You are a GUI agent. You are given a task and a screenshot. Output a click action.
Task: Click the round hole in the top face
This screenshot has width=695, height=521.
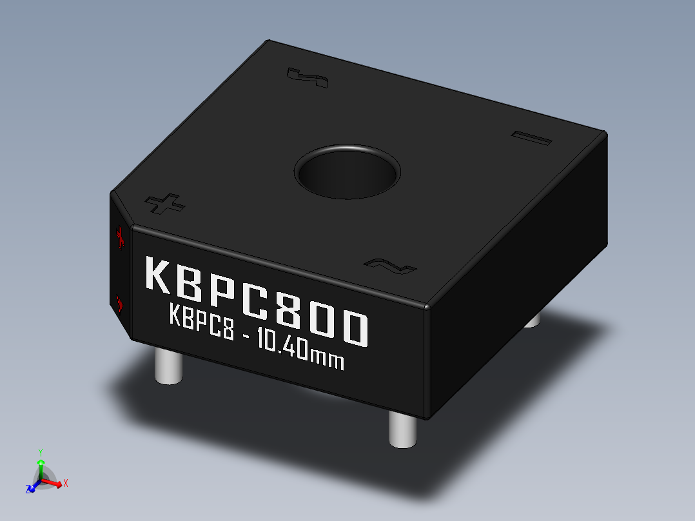click(x=347, y=172)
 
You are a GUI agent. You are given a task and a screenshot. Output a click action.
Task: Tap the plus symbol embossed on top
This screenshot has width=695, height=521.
click(x=166, y=204)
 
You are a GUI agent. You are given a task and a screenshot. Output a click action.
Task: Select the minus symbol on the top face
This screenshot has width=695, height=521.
click(x=532, y=139)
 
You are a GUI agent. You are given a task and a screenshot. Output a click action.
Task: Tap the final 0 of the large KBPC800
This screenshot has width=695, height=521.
click(x=355, y=329)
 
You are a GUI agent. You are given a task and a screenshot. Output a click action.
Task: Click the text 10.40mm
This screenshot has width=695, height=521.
click(x=300, y=350)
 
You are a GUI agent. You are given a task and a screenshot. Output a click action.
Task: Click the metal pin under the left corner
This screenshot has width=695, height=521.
click(x=168, y=368)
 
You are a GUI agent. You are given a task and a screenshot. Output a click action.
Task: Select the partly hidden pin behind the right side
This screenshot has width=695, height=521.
click(x=532, y=320)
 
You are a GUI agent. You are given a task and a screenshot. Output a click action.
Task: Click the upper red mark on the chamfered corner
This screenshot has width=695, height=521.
click(x=119, y=238)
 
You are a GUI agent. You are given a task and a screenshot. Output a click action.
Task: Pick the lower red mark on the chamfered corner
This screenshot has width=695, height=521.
click(x=119, y=302)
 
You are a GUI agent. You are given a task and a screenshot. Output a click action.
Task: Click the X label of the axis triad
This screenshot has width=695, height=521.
click(x=66, y=482)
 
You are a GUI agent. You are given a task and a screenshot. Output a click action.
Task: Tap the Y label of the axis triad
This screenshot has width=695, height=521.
click(x=40, y=452)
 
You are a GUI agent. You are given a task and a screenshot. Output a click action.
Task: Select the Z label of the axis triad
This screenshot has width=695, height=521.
click(x=29, y=489)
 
